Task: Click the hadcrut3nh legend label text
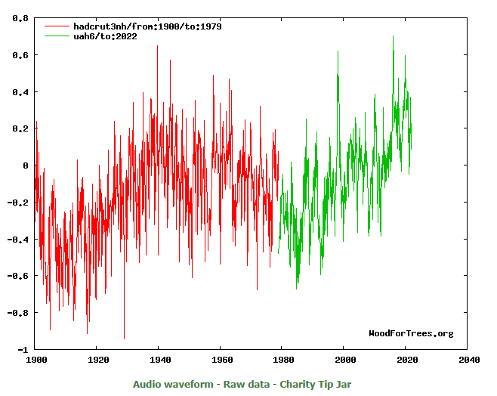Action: point(147,26)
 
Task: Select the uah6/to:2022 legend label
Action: point(105,36)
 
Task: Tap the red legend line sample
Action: point(57,26)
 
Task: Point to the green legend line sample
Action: point(57,36)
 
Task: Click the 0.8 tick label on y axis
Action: point(20,18)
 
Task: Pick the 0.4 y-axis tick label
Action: point(20,92)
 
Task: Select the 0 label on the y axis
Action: point(26,166)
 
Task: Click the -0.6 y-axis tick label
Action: point(18,276)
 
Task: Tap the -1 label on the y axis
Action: point(23,350)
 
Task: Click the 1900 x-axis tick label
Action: point(36,360)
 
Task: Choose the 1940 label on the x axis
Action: point(160,360)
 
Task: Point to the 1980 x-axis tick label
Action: point(284,360)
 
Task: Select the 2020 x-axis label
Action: point(407,360)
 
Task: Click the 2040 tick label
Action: point(469,360)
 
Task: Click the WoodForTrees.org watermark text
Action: point(411,333)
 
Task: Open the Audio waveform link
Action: point(173,384)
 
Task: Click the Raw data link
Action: point(246,384)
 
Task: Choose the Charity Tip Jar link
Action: point(316,384)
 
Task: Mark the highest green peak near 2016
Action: point(393,36)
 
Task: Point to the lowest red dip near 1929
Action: point(124,339)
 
